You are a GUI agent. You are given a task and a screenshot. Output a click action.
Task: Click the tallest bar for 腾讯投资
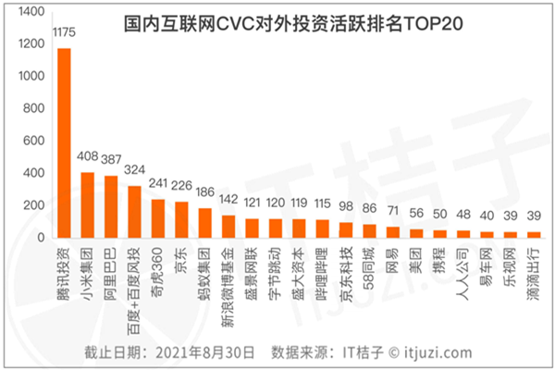(64, 143)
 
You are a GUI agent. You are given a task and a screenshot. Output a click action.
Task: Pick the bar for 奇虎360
(158, 218)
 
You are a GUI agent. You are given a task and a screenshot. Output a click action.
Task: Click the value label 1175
(64, 35)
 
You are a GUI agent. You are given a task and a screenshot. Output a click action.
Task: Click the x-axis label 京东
(182, 258)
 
